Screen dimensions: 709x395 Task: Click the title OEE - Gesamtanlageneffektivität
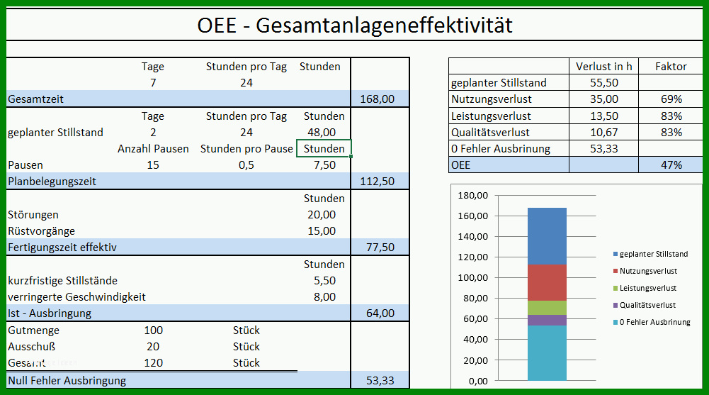coord(354,25)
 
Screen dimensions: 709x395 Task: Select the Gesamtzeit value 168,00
coord(377,99)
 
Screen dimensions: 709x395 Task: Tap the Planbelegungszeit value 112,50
coord(377,182)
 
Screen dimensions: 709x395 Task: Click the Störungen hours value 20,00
coord(322,214)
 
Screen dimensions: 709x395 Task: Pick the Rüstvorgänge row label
coord(41,231)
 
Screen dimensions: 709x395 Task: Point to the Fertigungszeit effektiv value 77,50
coord(380,247)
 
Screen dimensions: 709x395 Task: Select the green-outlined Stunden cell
coord(324,148)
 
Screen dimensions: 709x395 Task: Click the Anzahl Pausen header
coord(153,149)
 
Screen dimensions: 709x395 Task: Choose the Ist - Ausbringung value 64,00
coord(380,313)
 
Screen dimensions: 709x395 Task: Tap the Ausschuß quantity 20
coord(153,347)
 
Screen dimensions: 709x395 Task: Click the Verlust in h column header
coord(603,67)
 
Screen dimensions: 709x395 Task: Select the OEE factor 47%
coord(671,165)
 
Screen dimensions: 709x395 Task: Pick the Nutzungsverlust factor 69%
coord(671,99)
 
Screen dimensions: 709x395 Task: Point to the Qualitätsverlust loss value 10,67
coord(603,133)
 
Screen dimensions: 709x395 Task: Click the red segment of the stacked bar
coord(547,283)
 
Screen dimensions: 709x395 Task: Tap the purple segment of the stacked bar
coord(547,320)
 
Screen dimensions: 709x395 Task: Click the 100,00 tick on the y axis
coord(473,277)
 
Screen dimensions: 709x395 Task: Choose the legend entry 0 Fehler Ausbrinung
coord(652,322)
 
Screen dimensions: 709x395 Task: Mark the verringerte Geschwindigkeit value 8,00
coord(324,297)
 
